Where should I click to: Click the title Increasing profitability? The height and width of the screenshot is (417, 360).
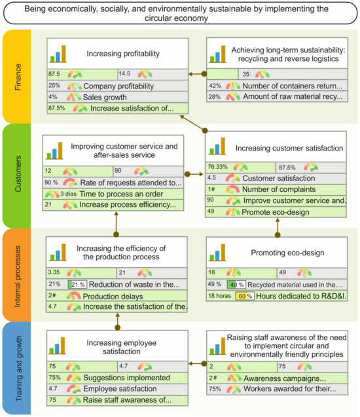pos(124,52)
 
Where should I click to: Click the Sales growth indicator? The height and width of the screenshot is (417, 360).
pos(110,97)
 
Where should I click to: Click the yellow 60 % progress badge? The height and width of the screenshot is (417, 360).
pos(244,296)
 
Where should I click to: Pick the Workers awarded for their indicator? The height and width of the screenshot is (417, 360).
pos(287,389)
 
